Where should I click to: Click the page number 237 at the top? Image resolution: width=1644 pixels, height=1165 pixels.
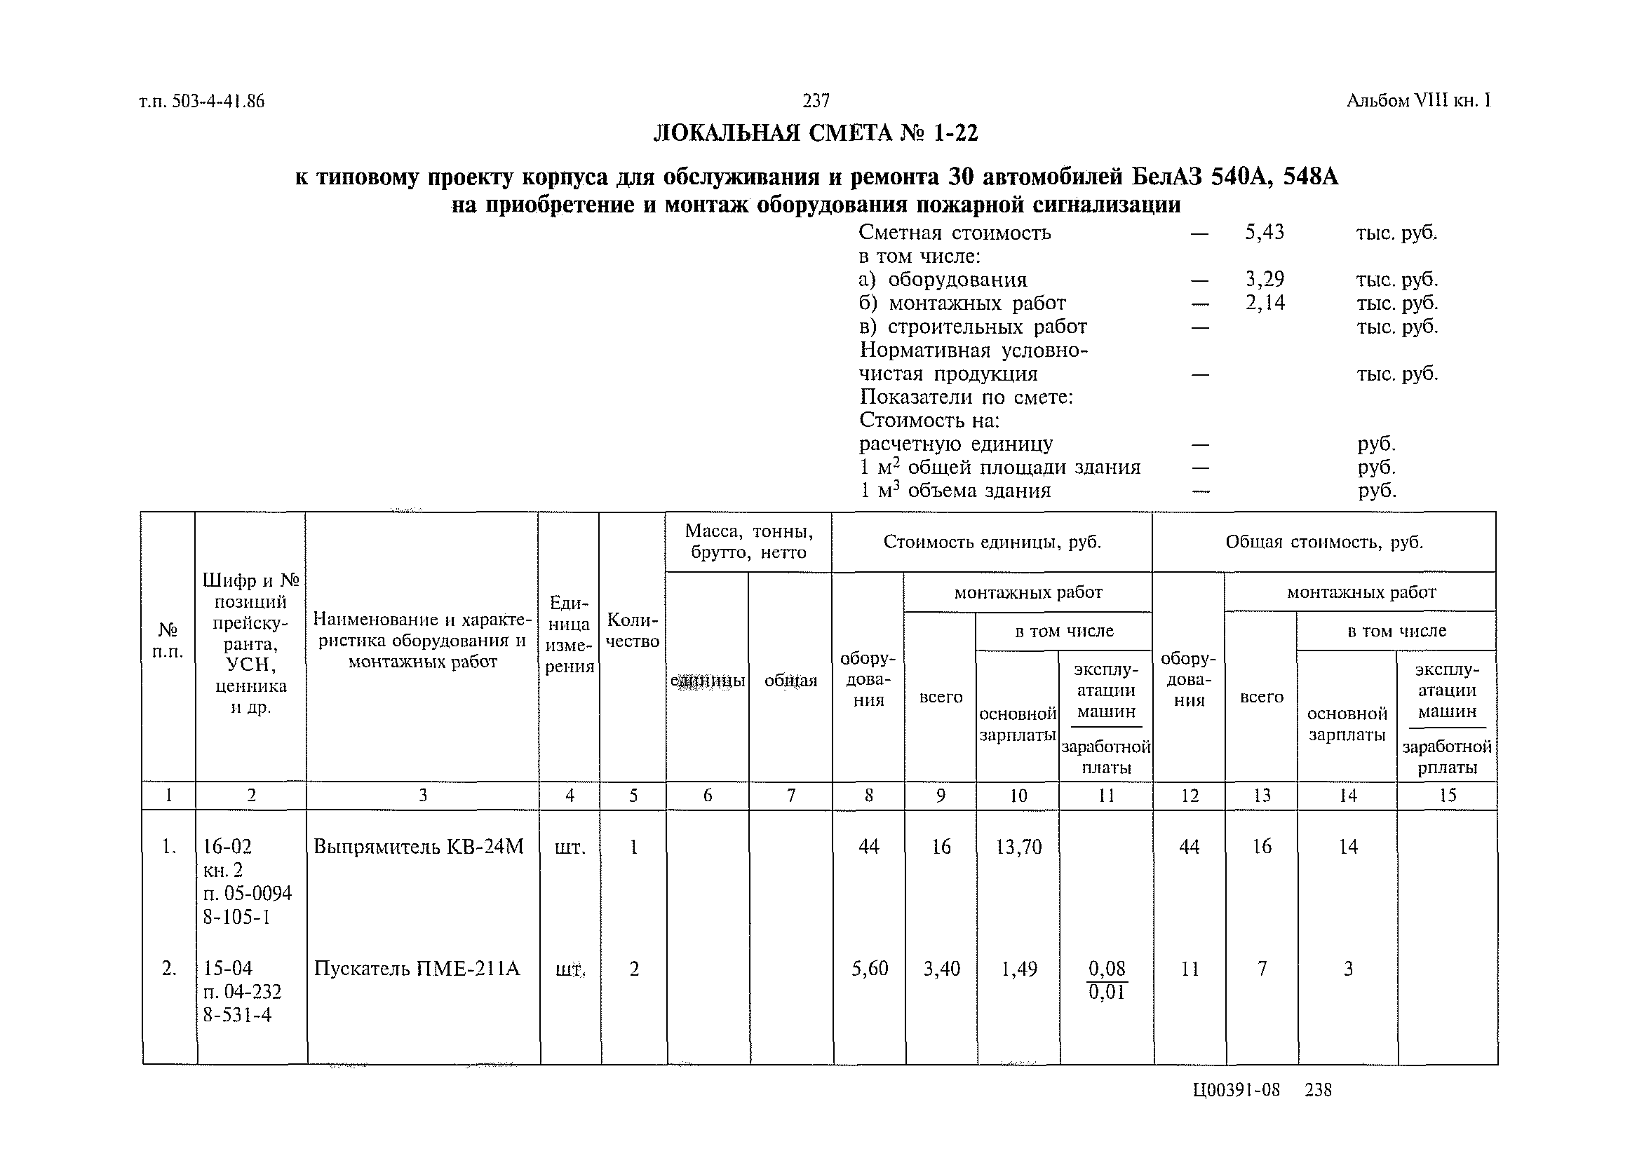click(x=816, y=101)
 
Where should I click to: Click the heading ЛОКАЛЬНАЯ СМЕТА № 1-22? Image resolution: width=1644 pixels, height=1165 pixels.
click(x=815, y=133)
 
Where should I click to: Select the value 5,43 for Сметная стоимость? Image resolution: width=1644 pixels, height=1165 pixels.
click(x=1265, y=233)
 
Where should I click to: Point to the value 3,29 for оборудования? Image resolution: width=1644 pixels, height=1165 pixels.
click(x=1265, y=279)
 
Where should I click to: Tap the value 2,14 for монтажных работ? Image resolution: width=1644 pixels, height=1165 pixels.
click(x=1265, y=303)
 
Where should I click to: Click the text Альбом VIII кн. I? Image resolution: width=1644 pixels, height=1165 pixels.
click(x=1419, y=101)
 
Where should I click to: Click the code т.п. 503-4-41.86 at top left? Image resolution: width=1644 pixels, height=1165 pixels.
click(x=202, y=102)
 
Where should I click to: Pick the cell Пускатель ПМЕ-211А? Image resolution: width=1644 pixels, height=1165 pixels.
click(x=416, y=969)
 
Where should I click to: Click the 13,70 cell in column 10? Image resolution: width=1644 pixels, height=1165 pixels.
click(x=1018, y=847)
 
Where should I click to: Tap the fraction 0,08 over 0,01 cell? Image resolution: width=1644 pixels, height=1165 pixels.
click(x=1107, y=980)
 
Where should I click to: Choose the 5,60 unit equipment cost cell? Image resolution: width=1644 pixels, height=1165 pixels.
click(x=869, y=969)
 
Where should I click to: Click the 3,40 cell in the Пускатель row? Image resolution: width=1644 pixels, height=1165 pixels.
click(x=941, y=969)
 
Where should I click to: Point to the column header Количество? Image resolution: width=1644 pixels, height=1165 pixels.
click(x=633, y=631)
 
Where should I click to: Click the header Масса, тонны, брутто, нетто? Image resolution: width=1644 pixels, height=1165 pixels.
click(x=748, y=542)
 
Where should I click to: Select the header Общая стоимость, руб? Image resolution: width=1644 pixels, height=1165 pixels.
click(x=1324, y=542)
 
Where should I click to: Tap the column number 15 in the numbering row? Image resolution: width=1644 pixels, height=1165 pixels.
click(x=1448, y=796)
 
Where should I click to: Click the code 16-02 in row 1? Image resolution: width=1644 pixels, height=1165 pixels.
click(x=227, y=847)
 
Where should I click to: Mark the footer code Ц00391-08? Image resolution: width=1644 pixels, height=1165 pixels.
click(x=1236, y=1091)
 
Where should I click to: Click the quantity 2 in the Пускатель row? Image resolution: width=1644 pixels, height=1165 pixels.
click(x=633, y=969)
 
